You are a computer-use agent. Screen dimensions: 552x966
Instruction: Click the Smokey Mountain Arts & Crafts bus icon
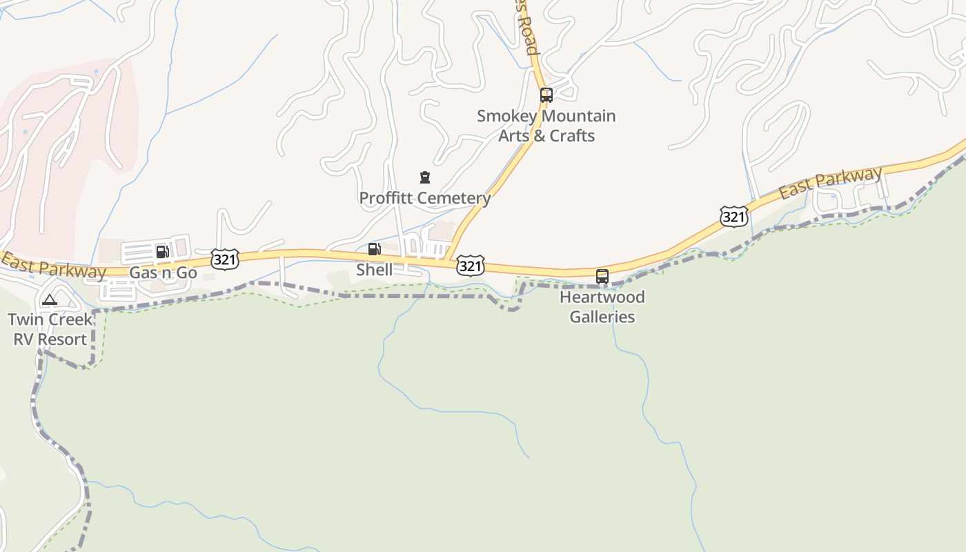pyautogui.click(x=546, y=95)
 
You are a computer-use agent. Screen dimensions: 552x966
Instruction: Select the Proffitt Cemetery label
pyautogui.click(x=424, y=199)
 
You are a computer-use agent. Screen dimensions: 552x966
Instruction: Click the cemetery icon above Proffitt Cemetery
pyautogui.click(x=425, y=178)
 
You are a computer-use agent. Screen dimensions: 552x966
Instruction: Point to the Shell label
pyautogui.click(x=374, y=270)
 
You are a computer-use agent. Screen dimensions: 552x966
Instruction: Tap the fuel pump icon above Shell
pyautogui.click(x=374, y=249)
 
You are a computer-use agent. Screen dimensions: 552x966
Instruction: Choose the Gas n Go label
pyautogui.click(x=163, y=273)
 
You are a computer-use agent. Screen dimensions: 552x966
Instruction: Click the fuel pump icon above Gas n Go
pyautogui.click(x=162, y=252)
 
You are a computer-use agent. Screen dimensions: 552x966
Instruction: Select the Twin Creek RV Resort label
pyautogui.click(x=50, y=330)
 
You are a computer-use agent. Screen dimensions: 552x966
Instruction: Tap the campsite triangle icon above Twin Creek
pyautogui.click(x=49, y=300)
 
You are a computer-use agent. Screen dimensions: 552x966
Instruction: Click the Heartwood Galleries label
pyautogui.click(x=602, y=307)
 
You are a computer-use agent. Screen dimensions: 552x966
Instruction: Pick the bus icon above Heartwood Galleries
pyautogui.click(x=602, y=277)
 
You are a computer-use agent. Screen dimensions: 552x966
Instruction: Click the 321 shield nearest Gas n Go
pyautogui.click(x=225, y=259)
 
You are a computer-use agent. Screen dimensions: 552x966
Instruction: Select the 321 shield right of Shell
pyautogui.click(x=470, y=266)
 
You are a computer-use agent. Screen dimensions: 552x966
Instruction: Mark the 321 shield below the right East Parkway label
pyautogui.click(x=733, y=217)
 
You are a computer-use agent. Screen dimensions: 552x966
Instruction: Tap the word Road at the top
pyautogui.click(x=527, y=36)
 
